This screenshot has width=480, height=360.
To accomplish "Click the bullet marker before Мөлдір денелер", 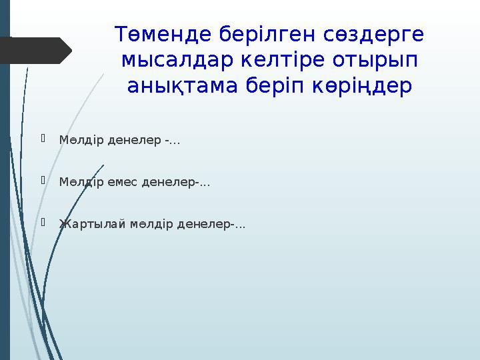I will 44,139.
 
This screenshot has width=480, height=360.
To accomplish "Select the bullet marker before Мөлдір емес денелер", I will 44,181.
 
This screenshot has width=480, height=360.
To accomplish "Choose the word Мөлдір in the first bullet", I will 79,141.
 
